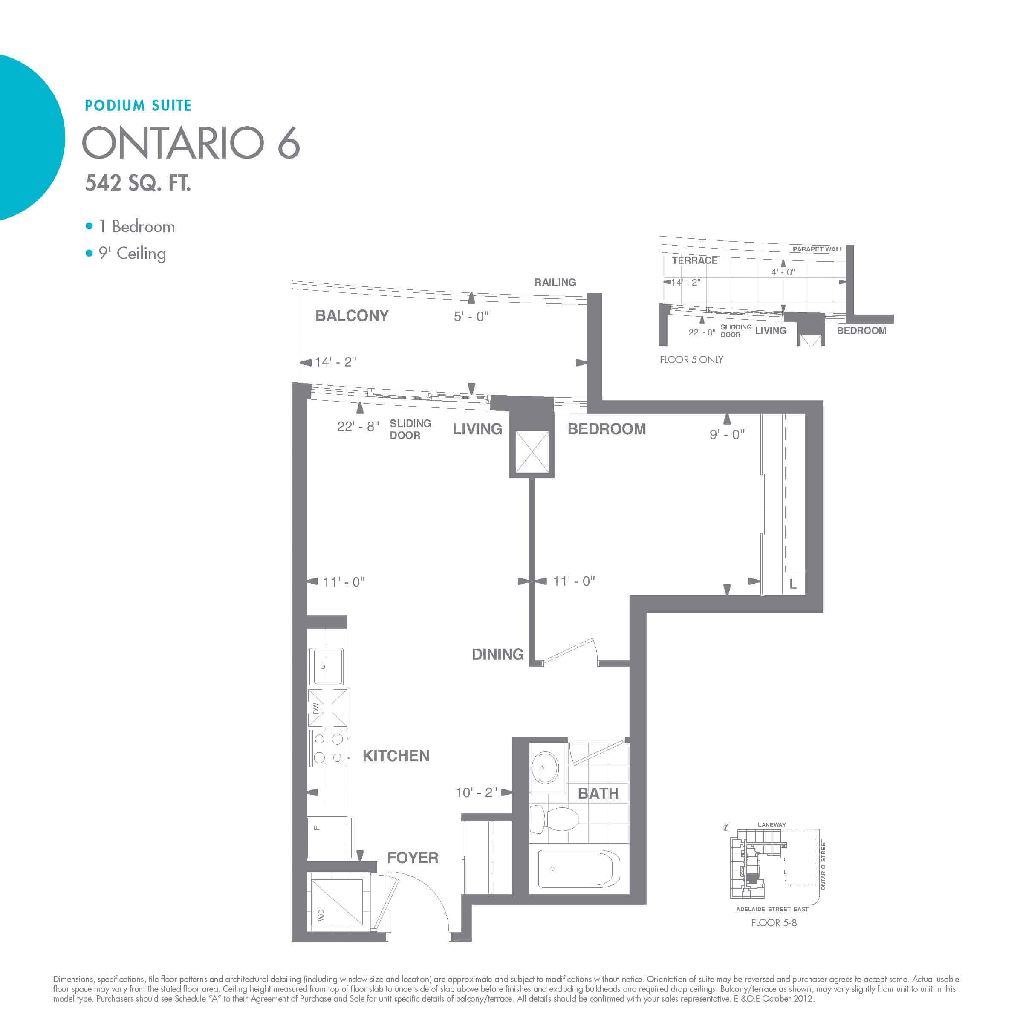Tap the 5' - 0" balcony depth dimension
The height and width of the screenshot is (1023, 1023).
pyautogui.click(x=471, y=317)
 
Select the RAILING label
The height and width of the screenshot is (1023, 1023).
pyautogui.click(x=555, y=282)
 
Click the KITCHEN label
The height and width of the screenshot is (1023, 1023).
pyautogui.click(x=396, y=756)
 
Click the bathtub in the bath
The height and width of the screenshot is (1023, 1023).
pyautogui.click(x=578, y=868)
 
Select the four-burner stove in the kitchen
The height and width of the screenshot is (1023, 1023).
pyautogui.click(x=328, y=748)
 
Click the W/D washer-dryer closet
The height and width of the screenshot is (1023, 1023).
pyautogui.click(x=337, y=907)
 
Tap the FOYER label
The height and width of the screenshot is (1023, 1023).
pyautogui.click(x=413, y=858)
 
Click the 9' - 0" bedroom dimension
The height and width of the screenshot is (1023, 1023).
pyautogui.click(x=727, y=435)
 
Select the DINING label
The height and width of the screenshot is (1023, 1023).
pyautogui.click(x=498, y=654)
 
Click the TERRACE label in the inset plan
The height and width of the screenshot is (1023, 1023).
pyautogui.click(x=695, y=260)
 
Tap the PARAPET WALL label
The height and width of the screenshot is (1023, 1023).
pyautogui.click(x=818, y=249)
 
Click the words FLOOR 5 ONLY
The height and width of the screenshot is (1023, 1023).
pyautogui.click(x=691, y=359)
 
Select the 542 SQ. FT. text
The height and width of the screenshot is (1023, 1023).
pyautogui.click(x=138, y=183)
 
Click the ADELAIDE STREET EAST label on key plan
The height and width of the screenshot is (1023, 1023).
pyautogui.click(x=772, y=909)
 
